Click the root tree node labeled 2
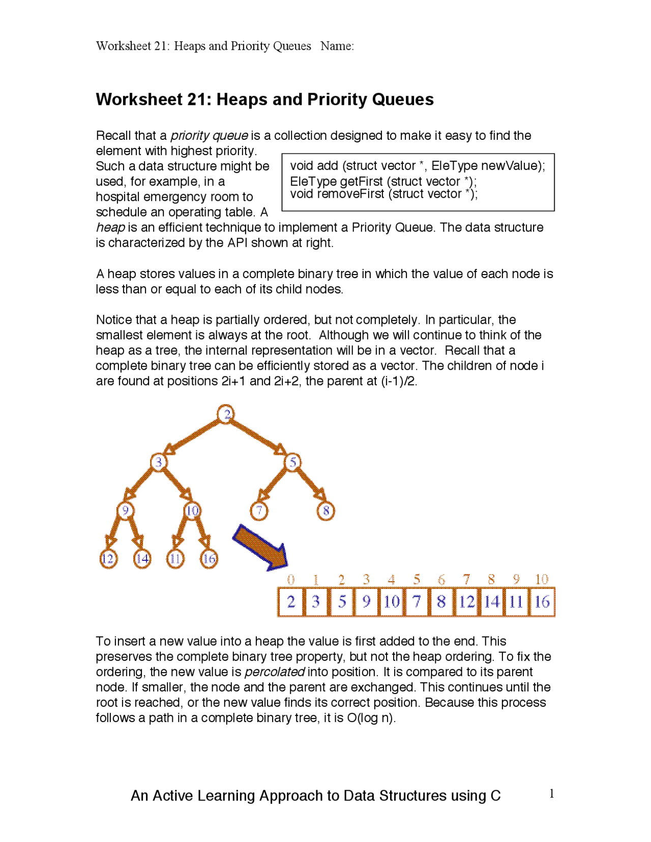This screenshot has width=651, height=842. coord(226,414)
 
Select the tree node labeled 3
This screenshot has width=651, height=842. coord(159,462)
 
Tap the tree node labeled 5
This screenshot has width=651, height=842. coord(293,462)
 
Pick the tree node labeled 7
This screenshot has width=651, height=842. coord(259,510)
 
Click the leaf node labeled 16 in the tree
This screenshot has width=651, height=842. coord(209,559)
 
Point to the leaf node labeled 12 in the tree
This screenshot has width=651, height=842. coord(108,559)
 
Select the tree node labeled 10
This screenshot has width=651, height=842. coord(192,510)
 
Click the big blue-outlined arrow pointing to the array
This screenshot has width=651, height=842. coord(260,548)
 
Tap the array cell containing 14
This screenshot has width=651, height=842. coord(491,602)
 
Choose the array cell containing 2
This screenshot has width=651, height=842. coord(291,602)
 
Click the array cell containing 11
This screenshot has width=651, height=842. coord(516,602)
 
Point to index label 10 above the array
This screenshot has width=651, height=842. coord(542,579)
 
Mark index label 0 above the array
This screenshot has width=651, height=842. coord(291,580)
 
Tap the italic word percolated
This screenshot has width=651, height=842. coord(274,672)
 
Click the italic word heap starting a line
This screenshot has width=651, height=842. coord(110,228)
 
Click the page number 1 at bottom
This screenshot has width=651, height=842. coord(552,794)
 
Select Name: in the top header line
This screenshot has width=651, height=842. coord(337,46)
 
